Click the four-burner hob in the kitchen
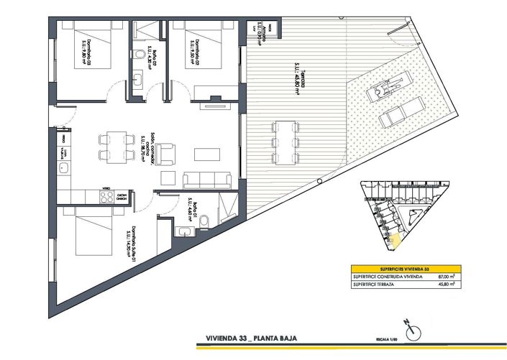click(106, 195)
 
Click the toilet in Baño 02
click(138, 55)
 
